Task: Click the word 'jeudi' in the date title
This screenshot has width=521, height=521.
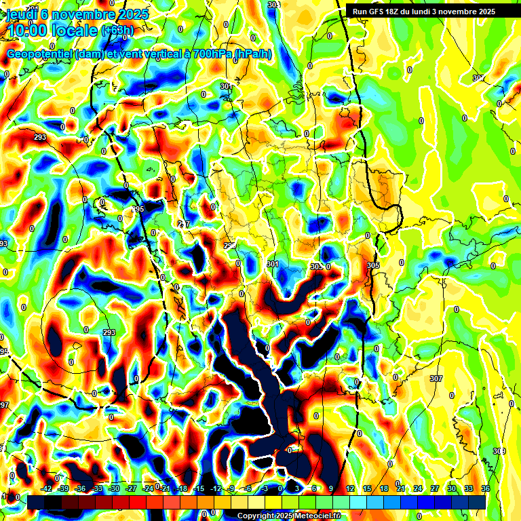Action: [20, 14]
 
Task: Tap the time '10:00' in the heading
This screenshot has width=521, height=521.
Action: [28, 31]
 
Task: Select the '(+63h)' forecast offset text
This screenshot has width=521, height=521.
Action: [117, 31]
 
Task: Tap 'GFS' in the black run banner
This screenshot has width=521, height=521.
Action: [380, 12]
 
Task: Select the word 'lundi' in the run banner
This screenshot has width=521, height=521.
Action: [434, 12]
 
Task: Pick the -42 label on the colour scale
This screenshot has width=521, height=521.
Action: [47, 488]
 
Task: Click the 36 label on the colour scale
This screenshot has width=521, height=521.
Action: [486, 488]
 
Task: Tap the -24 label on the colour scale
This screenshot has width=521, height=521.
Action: [149, 488]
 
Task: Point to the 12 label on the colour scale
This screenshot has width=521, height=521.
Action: [350, 488]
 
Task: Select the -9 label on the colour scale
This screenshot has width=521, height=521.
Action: [232, 488]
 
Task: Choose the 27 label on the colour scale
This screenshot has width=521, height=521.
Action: [435, 488]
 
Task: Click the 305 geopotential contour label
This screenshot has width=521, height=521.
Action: [372, 265]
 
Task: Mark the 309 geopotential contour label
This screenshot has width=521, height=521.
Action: [499, 451]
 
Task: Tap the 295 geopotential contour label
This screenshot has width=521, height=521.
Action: [138, 209]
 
